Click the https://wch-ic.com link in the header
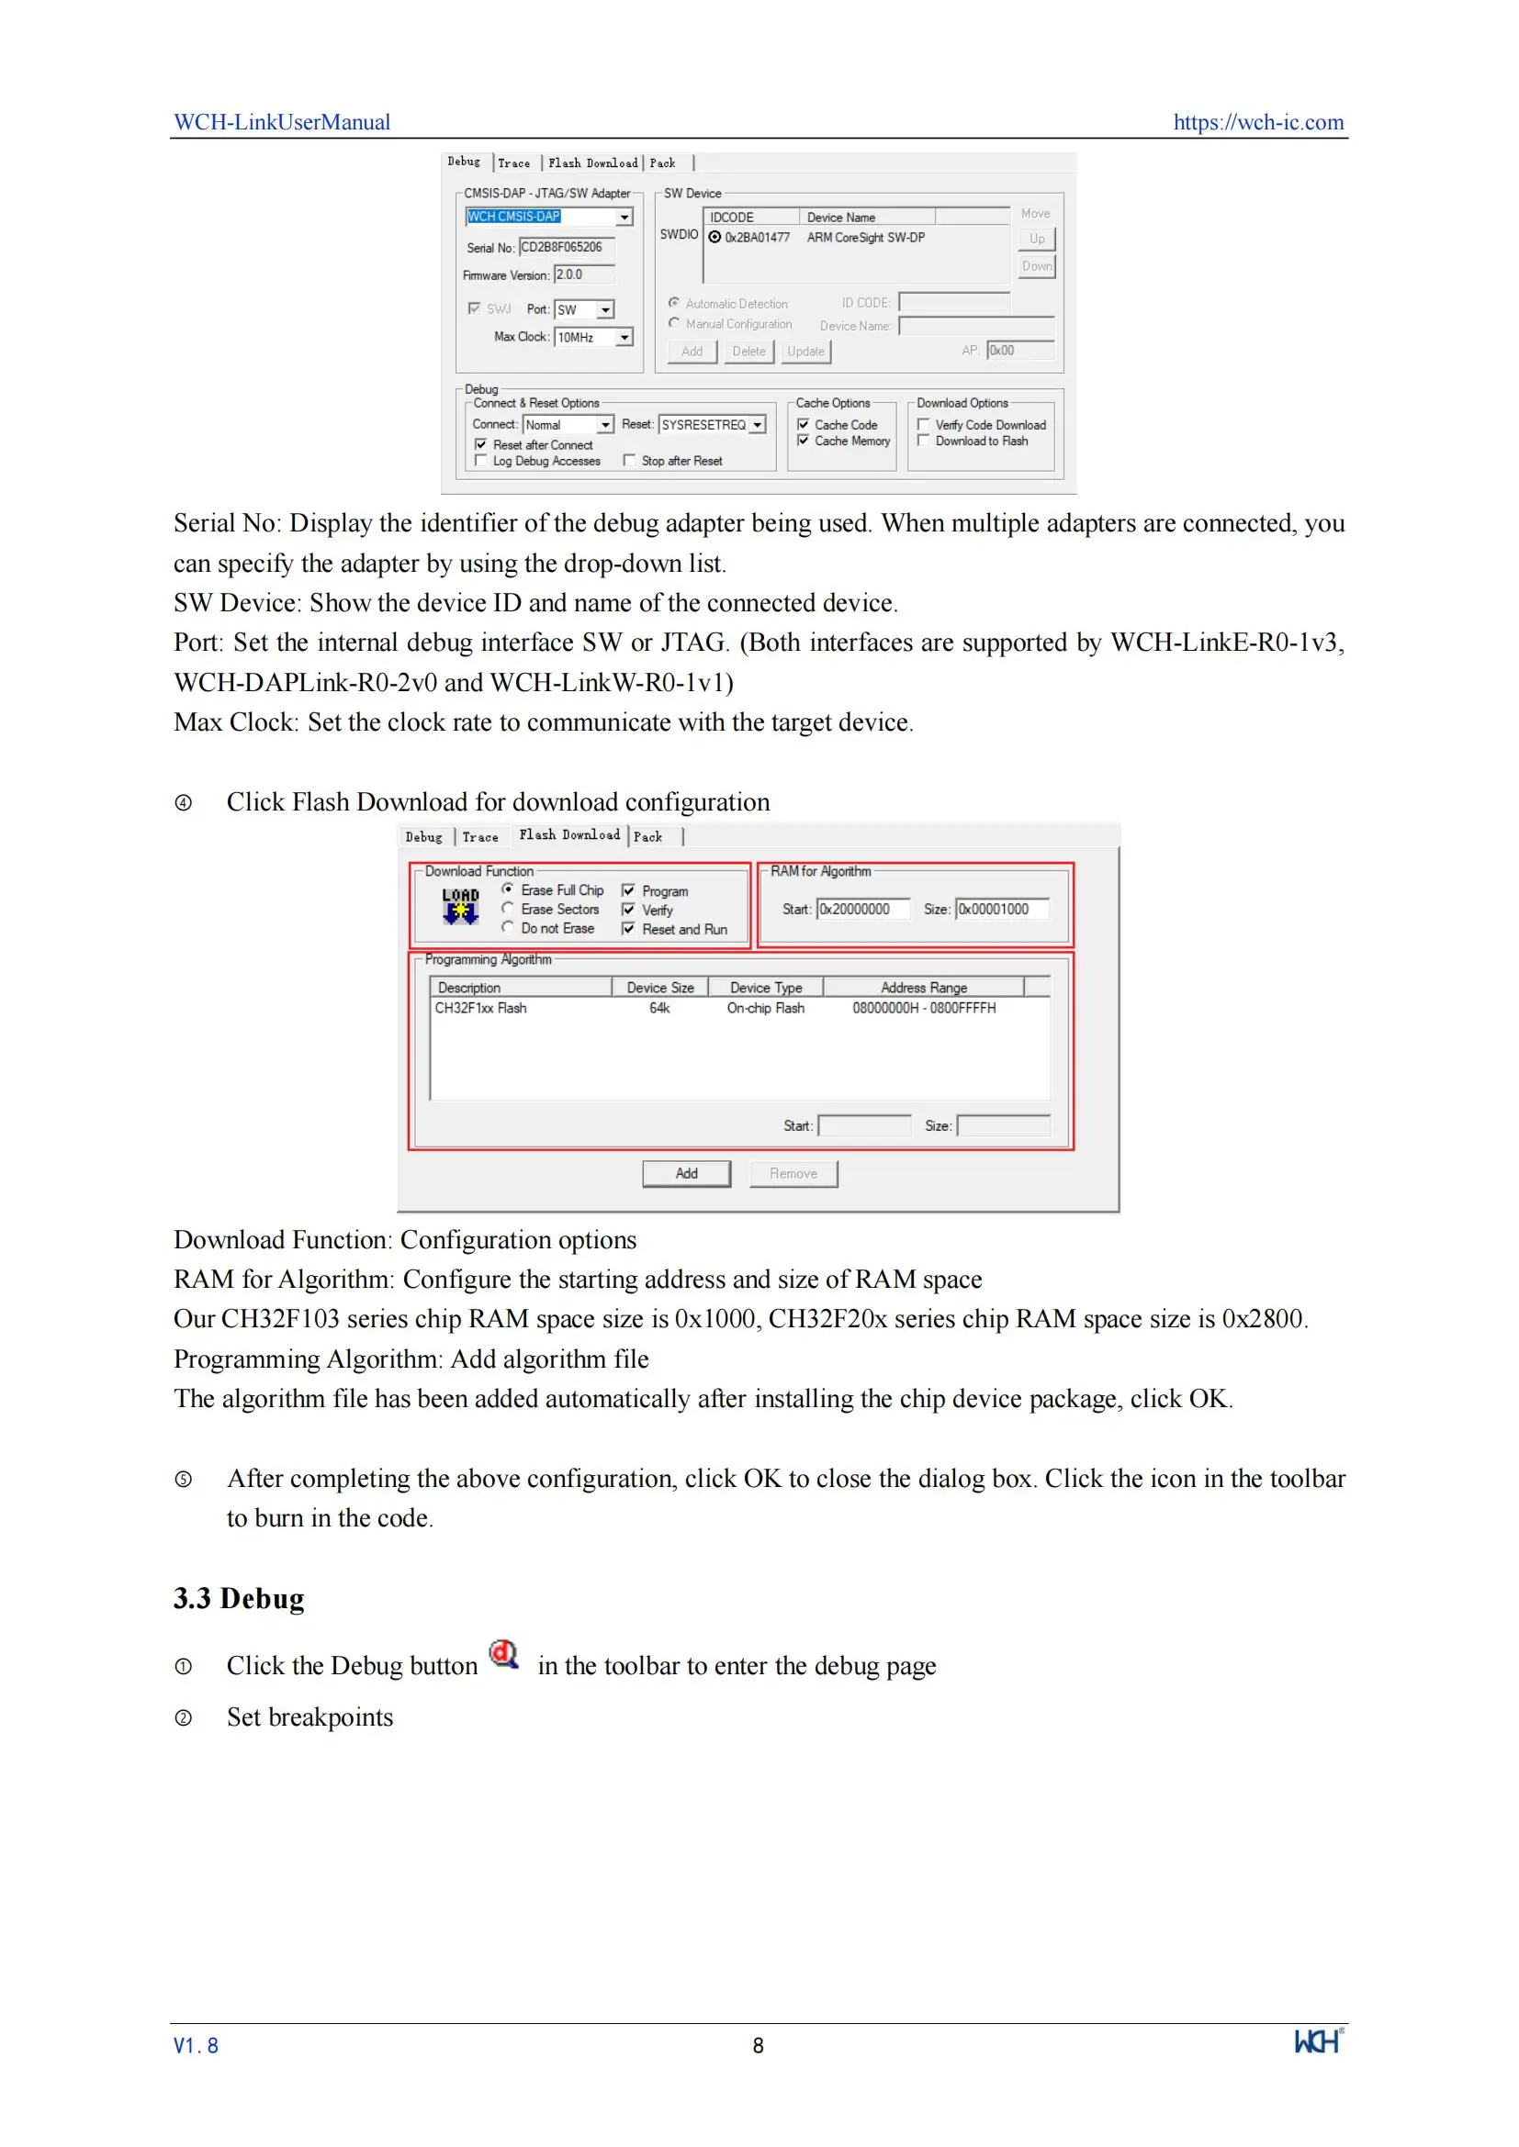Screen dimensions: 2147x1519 (1257, 122)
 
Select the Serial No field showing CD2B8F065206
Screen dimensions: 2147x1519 (566, 247)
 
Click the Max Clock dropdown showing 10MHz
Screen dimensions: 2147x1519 (593, 337)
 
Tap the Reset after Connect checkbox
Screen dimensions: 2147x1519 (480, 445)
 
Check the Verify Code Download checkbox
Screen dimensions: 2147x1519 (923, 425)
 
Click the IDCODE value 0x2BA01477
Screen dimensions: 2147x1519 (757, 238)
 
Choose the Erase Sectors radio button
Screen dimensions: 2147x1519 (508, 909)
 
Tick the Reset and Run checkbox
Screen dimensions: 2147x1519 (628, 930)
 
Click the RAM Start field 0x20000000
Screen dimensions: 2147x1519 (862, 909)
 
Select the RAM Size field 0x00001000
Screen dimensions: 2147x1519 (1001, 909)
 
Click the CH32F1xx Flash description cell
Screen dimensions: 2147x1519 (480, 1008)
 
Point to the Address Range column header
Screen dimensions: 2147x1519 (923, 988)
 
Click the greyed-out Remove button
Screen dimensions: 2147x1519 (793, 1174)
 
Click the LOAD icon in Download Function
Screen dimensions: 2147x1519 (460, 905)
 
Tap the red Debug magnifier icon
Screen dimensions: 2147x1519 (504, 1654)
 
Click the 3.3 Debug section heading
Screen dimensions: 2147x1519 (239, 1598)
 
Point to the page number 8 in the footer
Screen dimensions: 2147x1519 (758, 2045)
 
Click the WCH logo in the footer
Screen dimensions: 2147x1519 (1317, 2041)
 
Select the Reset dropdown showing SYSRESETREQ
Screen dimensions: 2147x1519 (712, 425)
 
